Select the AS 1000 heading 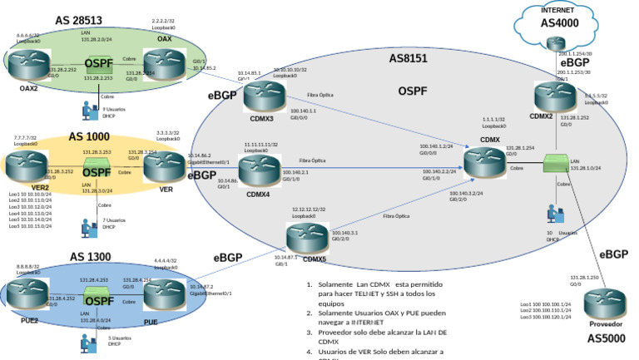(x=89, y=136)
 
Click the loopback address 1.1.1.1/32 (x=493, y=120)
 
